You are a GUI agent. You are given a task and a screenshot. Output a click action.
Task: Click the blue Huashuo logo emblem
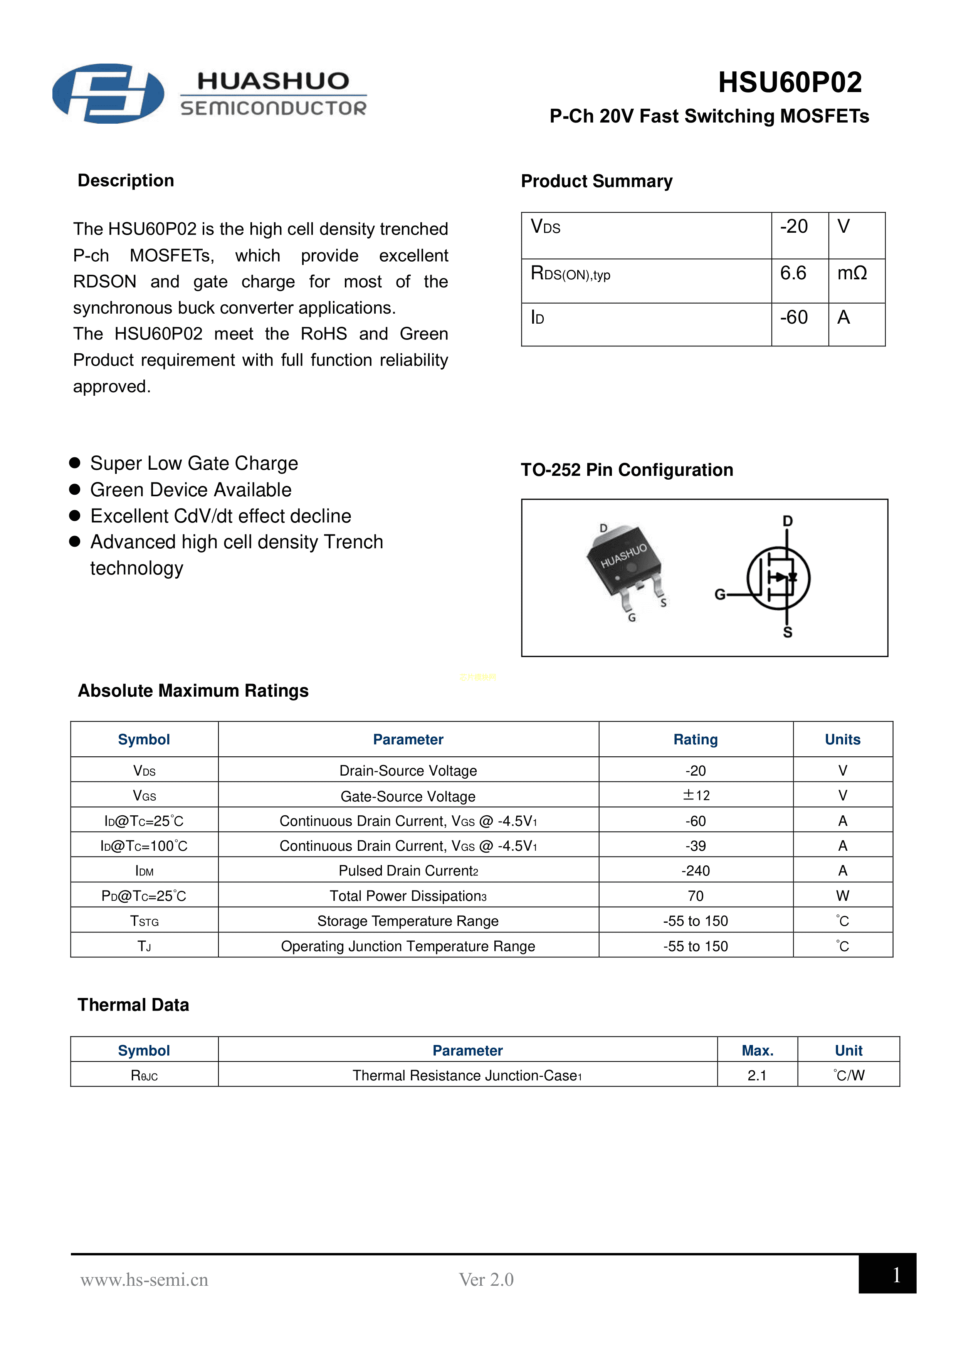108,94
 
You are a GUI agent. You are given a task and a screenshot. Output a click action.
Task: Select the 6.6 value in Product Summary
793,273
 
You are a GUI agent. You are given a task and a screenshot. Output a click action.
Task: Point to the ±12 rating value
696,796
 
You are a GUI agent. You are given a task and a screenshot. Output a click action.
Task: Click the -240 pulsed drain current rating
696,870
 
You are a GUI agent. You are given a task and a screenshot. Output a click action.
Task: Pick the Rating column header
696,740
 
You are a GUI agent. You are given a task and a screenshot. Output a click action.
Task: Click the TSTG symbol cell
144,921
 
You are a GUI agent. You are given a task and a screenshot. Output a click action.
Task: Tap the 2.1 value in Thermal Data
757,1075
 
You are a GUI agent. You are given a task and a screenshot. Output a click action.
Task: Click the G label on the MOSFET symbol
720,595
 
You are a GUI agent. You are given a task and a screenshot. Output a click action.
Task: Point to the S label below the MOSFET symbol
788,632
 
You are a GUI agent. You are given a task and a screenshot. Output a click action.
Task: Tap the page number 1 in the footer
896,1275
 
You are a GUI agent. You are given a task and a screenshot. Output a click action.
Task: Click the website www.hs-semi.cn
144,1280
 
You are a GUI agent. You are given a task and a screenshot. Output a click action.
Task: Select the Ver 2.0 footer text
486,1280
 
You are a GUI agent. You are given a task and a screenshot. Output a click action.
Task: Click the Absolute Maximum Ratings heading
193,691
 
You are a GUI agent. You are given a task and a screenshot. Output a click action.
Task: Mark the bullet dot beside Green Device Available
75,489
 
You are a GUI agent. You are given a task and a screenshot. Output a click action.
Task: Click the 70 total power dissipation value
696,896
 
